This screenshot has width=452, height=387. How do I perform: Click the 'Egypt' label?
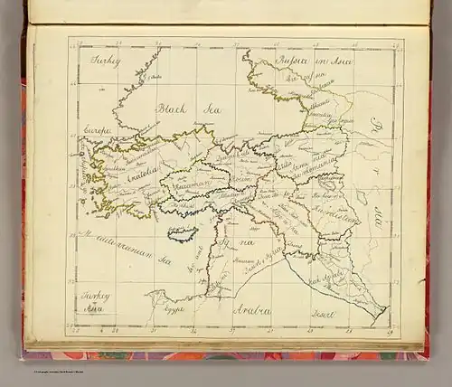click(x=174, y=307)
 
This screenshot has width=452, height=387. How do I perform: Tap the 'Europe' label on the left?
click(x=97, y=131)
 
